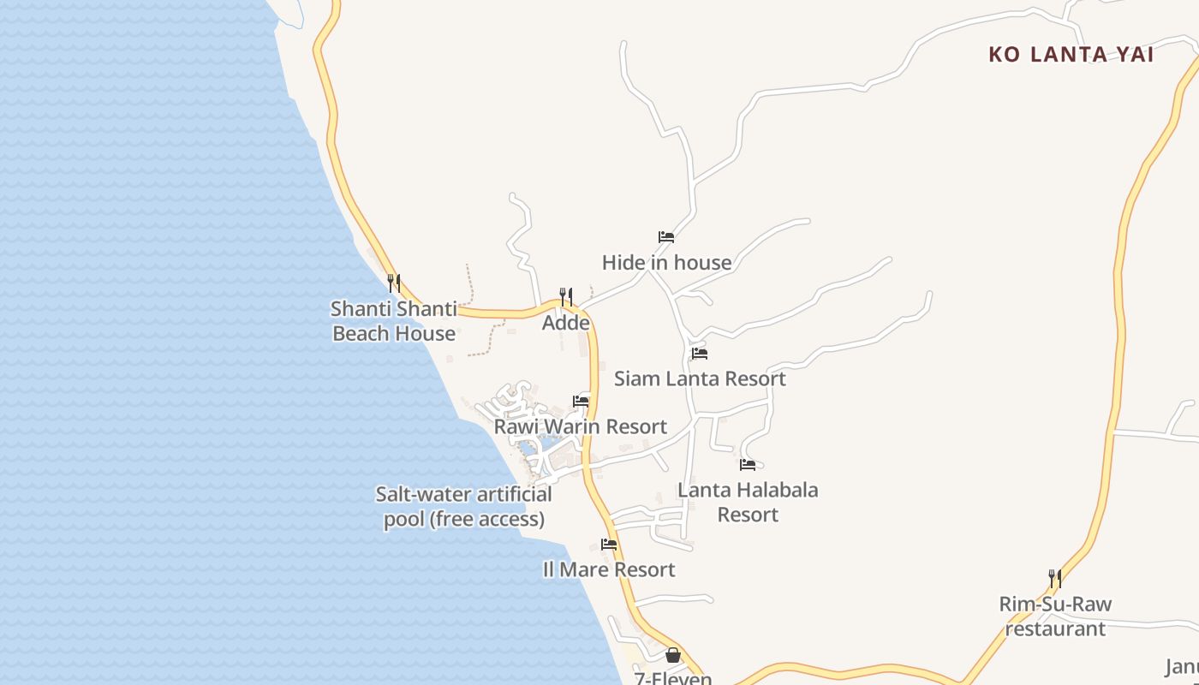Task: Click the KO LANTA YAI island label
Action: (1071, 55)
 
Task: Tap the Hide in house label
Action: (666, 262)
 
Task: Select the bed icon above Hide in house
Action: (666, 237)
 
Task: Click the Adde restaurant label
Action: (566, 323)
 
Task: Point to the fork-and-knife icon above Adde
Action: (566, 297)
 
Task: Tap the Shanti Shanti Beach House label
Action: (394, 321)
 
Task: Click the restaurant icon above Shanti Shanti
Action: (394, 283)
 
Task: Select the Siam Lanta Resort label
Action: (700, 378)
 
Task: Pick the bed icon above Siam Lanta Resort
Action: (700, 353)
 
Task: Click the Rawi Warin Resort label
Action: (581, 426)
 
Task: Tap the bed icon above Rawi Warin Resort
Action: (581, 401)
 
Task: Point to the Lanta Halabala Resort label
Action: (748, 502)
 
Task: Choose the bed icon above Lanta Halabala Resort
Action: (748, 465)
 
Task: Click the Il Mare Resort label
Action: (609, 569)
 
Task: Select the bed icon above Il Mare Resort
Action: (609, 544)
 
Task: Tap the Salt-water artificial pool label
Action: (464, 506)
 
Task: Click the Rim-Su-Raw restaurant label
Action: (1055, 616)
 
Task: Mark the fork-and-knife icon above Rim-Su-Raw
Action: (1055, 578)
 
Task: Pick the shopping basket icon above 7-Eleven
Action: (673, 655)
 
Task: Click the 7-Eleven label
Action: (673, 678)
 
